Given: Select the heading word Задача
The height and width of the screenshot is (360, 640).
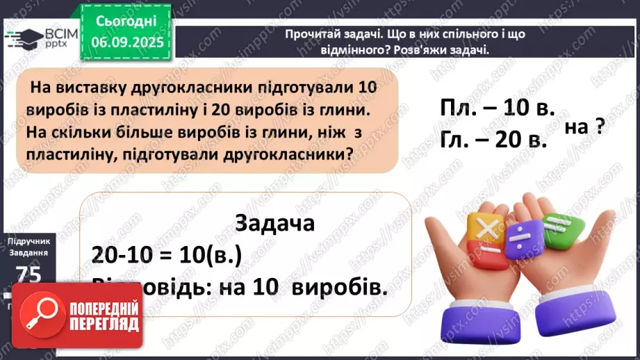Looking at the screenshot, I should pos(275,224).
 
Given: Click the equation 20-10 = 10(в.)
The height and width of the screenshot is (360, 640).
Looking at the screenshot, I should pos(166,254).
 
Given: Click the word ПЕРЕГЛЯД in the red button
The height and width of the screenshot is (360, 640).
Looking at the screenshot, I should pos(104,325).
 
